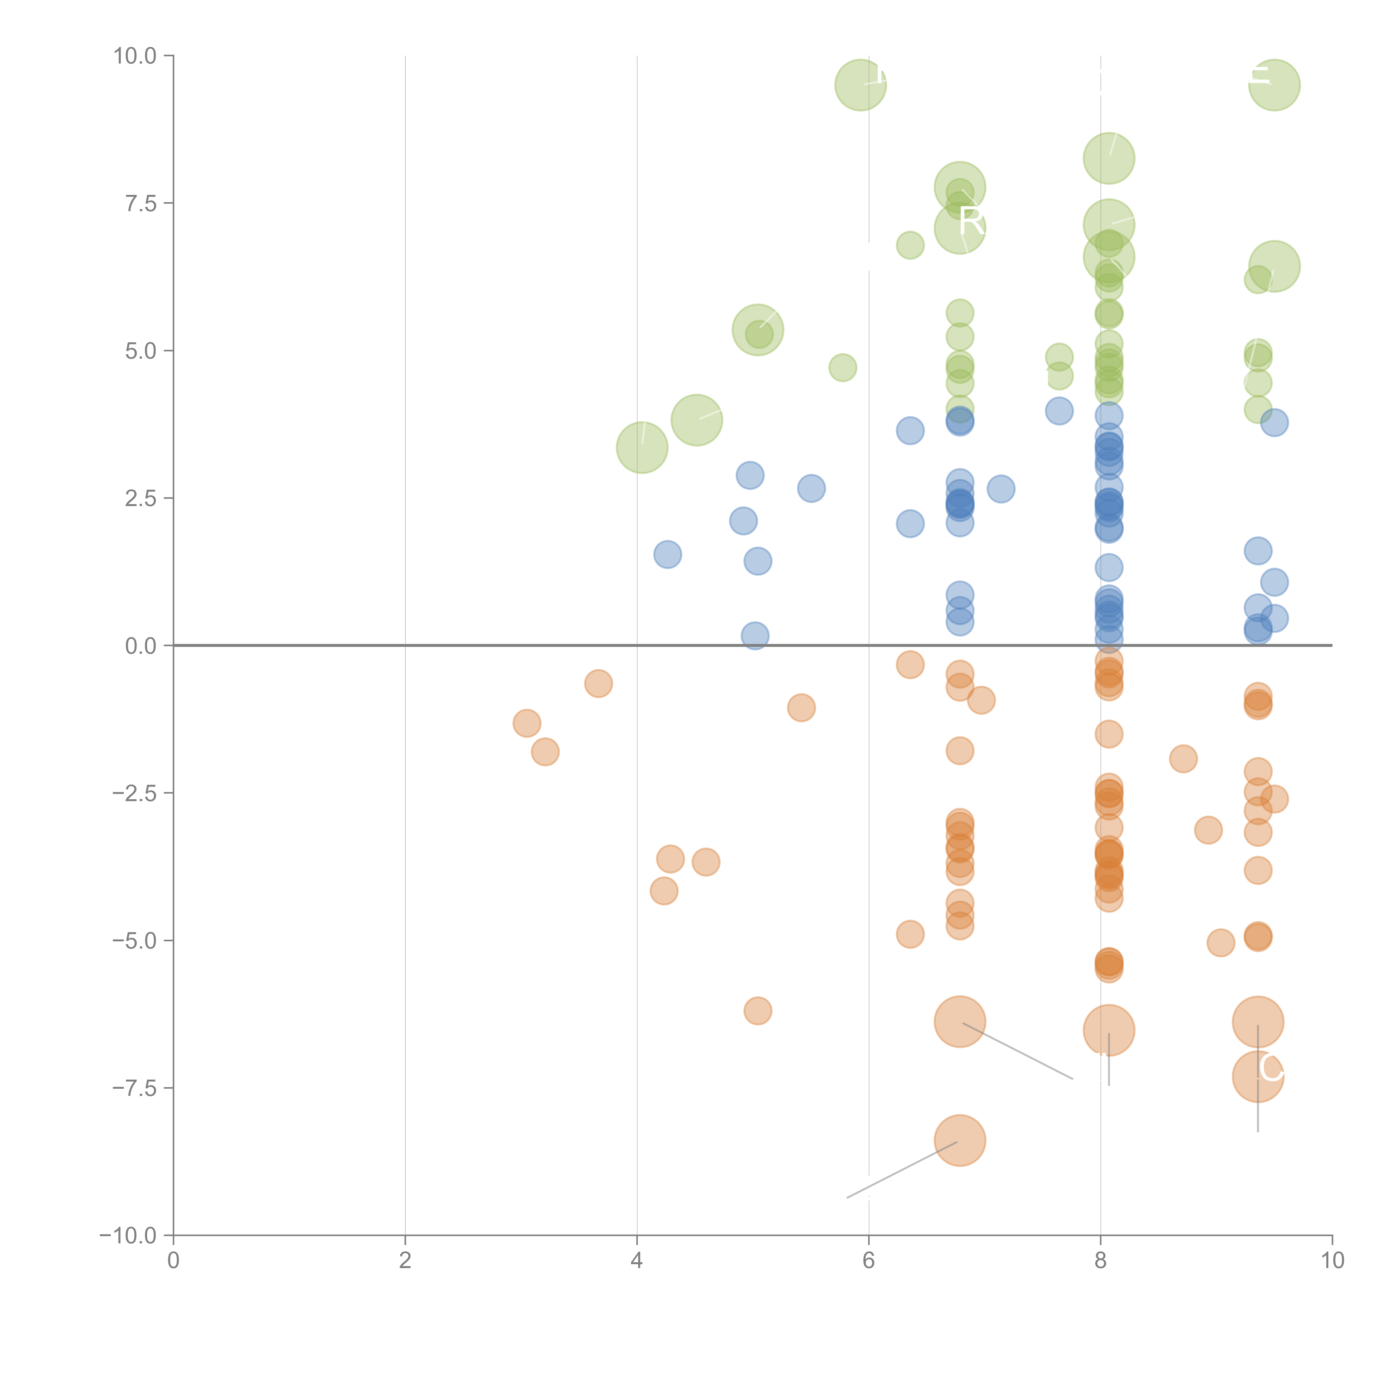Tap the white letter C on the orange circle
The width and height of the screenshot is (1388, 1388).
pyautogui.click(x=1270, y=1068)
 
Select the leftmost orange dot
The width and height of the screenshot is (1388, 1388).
pyautogui.click(x=527, y=723)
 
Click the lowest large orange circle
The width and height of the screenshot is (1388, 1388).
pyautogui.click(x=960, y=1140)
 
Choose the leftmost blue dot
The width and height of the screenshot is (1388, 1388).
pyautogui.click(x=667, y=555)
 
